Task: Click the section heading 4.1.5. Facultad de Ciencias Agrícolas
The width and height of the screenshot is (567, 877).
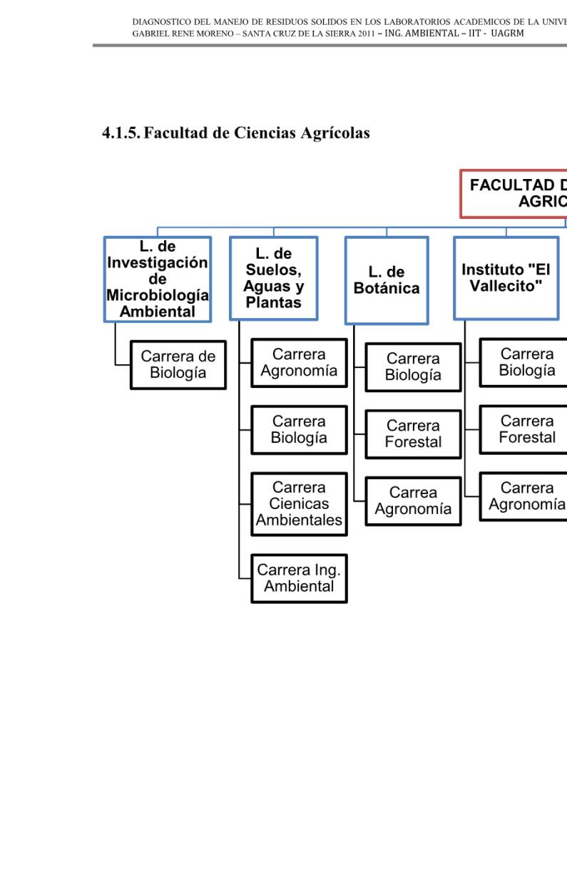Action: pyautogui.click(x=235, y=133)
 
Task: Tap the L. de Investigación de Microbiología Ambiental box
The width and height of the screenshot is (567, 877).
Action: pyautogui.click(x=157, y=279)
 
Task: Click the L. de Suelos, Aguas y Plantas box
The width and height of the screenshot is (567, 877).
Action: pyautogui.click(x=273, y=278)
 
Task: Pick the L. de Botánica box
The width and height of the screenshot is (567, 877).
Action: pyautogui.click(x=387, y=280)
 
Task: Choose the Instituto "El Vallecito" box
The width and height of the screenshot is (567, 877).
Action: pyautogui.click(x=506, y=278)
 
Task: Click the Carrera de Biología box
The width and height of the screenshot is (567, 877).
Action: pyautogui.click(x=178, y=364)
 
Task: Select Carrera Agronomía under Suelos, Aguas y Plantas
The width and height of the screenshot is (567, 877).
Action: pyautogui.click(x=299, y=363)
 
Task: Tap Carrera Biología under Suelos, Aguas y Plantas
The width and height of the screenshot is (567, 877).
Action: pyautogui.click(x=299, y=429)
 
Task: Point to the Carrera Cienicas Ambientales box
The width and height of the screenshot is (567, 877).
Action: pyautogui.click(x=299, y=503)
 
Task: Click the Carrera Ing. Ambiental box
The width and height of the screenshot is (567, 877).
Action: pyautogui.click(x=299, y=578)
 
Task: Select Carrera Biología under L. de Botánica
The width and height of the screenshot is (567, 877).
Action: pyautogui.click(x=413, y=366)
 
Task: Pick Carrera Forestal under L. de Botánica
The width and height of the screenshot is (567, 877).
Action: pyautogui.click(x=413, y=434)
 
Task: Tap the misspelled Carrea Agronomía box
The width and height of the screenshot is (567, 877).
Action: pyautogui.click(x=413, y=501)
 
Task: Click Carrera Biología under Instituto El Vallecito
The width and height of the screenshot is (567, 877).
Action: pyautogui.click(x=526, y=362)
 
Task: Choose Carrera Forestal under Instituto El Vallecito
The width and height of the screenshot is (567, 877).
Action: pyautogui.click(x=526, y=429)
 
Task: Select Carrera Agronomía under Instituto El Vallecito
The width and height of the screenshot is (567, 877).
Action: pyautogui.click(x=526, y=496)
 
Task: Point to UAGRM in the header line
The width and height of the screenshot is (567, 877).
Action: pyautogui.click(x=508, y=34)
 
